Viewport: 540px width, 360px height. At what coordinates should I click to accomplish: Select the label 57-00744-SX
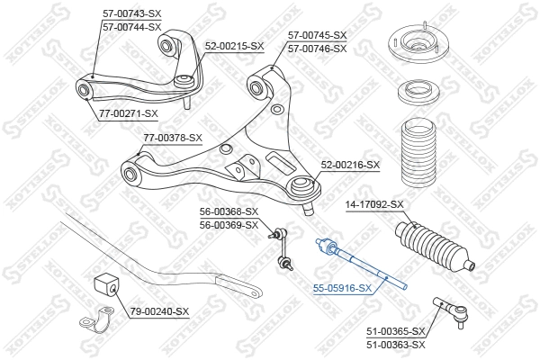(131, 27)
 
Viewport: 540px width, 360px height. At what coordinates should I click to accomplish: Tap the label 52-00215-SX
(234, 45)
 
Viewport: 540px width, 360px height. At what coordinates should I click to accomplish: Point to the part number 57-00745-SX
(317, 36)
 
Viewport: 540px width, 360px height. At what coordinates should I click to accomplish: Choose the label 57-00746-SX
(317, 48)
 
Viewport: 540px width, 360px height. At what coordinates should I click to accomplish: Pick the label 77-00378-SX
(173, 138)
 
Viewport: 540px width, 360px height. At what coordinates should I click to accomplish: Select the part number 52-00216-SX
(351, 165)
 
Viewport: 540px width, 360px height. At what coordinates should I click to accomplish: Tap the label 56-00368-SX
(229, 211)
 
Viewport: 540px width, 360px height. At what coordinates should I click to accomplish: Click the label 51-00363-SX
(395, 345)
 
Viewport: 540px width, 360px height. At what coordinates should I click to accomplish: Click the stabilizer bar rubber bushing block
(105, 286)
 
